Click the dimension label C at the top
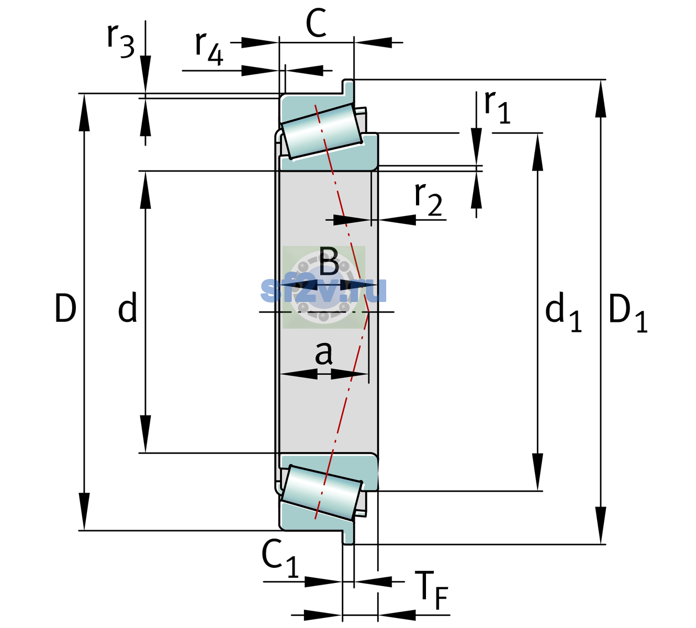coord(316,24)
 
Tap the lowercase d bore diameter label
coord(127,307)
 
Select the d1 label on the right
coord(563,312)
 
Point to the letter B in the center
coord(329,261)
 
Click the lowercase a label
coord(323,353)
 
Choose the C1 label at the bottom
coord(279,557)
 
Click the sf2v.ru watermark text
coord(323,290)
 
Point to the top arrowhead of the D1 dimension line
coord(601,98)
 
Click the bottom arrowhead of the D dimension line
coord(84,512)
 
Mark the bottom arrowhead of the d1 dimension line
coord(537,472)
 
